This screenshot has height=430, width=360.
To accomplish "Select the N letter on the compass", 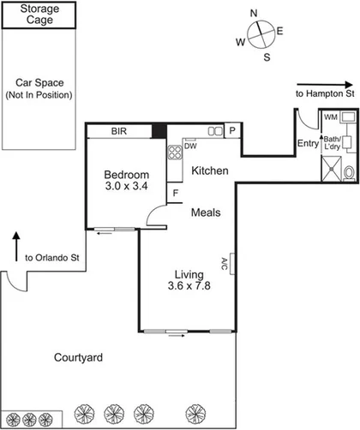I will point(254,13).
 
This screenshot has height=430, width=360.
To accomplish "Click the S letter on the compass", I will point(267,57).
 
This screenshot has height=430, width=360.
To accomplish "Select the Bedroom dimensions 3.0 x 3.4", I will point(127,185).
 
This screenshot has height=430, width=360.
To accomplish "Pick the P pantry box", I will point(231,130).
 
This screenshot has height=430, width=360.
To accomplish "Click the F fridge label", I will point(176,194).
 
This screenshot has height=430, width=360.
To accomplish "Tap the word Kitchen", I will point(209,171).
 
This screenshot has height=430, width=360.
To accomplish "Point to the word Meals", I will point(207,212).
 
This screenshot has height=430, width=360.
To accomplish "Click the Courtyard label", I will point(78,357).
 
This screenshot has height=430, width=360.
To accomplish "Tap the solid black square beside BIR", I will point(158,131).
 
